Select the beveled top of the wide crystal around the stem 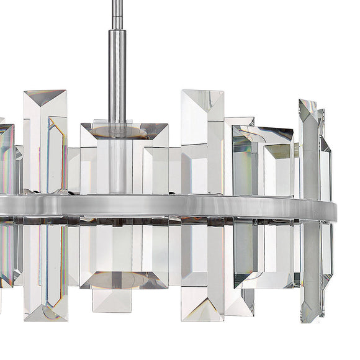[124, 130]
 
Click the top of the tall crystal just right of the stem [202, 102]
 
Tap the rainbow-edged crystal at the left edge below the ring [6, 254]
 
